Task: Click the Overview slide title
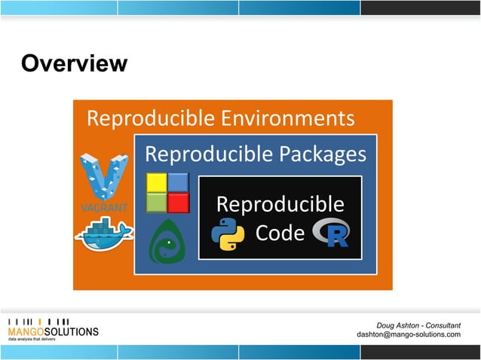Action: [x=74, y=63]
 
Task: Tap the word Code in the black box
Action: [x=280, y=233]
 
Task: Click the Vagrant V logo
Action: [x=103, y=176]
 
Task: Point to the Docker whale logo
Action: [x=103, y=233]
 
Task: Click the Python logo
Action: [x=227, y=234]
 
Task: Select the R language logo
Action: [x=332, y=233]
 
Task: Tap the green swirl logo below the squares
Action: [x=167, y=242]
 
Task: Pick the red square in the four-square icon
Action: [x=178, y=203]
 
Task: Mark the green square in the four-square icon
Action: [x=157, y=203]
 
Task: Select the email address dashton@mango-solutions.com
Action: [x=408, y=334]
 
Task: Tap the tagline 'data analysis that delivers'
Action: [x=32, y=340]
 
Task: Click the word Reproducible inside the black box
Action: [x=280, y=205]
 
